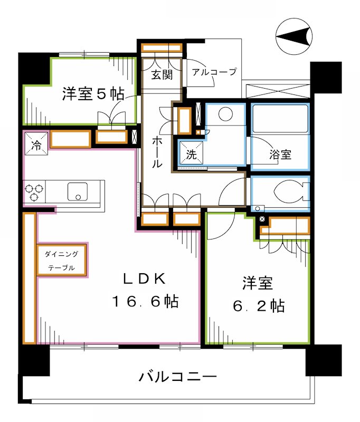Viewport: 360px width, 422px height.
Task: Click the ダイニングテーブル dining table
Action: [x=62, y=260]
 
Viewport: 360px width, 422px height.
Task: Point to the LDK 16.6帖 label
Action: [x=145, y=291]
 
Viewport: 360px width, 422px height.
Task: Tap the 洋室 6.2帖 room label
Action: [x=258, y=295]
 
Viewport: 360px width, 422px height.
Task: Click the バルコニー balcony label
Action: [x=178, y=377]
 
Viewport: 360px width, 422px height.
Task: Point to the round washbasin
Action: [x=226, y=114]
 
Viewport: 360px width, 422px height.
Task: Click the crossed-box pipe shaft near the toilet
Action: [x=262, y=218]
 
